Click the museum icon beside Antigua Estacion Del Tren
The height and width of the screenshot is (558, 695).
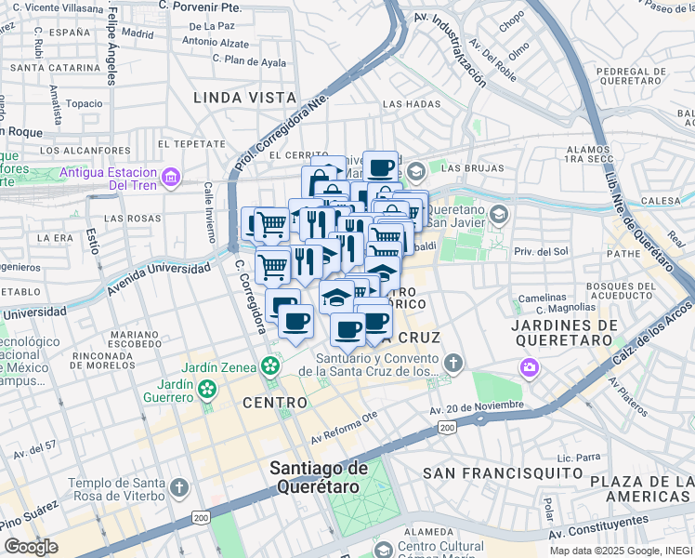(169, 177)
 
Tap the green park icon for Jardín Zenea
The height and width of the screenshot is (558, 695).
(270, 366)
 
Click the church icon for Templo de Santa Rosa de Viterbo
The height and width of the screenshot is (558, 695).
(179, 487)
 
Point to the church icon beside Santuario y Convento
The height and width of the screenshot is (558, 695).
(452, 361)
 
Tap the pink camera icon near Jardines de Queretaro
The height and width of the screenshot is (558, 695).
(530, 368)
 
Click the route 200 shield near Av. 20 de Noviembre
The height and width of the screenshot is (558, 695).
(447, 427)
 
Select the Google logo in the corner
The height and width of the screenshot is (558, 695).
(31, 547)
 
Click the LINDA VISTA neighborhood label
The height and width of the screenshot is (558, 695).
(245, 98)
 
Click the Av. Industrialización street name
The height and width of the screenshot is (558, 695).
(450, 52)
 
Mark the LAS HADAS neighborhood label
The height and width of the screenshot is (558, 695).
(411, 104)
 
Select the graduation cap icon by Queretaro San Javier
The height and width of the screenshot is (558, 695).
(499, 216)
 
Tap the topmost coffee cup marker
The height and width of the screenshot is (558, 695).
(380, 167)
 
